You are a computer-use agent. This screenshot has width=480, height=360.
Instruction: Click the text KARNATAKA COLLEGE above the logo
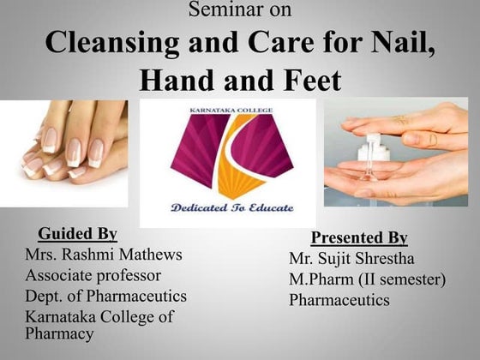click(227, 111)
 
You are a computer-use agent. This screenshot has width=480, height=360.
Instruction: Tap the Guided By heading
click(77, 234)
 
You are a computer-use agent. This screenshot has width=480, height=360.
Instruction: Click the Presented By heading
click(358, 237)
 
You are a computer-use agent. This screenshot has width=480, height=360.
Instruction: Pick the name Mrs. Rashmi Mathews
click(104, 255)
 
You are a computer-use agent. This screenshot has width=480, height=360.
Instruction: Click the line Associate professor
click(93, 275)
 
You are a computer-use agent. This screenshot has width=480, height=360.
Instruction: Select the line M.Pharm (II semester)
click(368, 279)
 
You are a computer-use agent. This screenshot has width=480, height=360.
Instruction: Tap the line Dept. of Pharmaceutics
click(105, 297)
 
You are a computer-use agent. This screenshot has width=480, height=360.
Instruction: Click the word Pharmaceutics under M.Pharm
click(339, 300)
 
